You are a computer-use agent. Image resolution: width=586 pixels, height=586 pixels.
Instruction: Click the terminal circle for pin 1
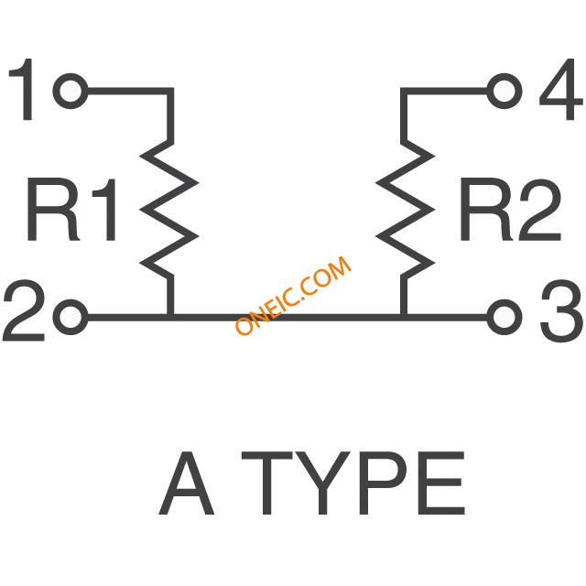pyautogui.click(x=71, y=91)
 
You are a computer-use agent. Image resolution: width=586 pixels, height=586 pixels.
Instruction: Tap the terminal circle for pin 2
pyautogui.click(x=71, y=318)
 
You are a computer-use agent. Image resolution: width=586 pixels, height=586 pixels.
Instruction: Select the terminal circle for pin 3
pyautogui.click(x=502, y=318)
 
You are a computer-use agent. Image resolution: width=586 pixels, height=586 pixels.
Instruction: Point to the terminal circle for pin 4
pyautogui.click(x=503, y=91)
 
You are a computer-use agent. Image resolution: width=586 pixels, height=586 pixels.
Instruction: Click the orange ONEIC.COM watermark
pyautogui.click(x=293, y=296)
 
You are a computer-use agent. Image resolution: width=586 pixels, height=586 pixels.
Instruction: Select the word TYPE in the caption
pyautogui.click(x=355, y=485)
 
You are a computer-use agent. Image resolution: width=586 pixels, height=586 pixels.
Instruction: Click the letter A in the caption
pyautogui.click(x=187, y=485)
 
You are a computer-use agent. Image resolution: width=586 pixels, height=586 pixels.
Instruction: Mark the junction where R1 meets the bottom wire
pyautogui.click(x=170, y=318)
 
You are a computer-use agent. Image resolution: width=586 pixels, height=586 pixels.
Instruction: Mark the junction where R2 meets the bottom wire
pyautogui.click(x=403, y=318)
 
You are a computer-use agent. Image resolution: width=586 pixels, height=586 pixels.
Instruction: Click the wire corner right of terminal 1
pyautogui.click(x=170, y=91)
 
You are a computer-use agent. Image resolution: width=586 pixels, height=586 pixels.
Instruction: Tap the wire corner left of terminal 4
pyautogui.click(x=403, y=91)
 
